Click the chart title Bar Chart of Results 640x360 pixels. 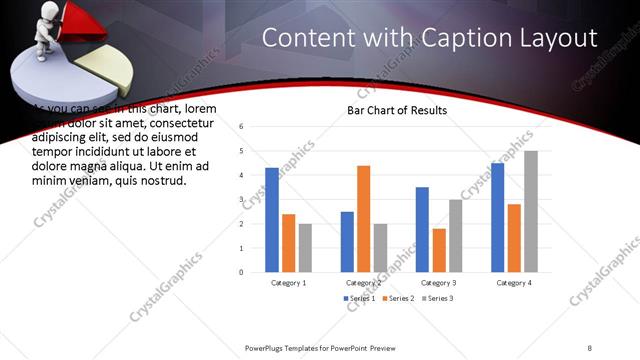click(396, 110)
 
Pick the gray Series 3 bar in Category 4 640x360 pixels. click(531, 211)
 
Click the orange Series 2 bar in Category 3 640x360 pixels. click(439, 250)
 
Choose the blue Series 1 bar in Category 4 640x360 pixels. click(498, 217)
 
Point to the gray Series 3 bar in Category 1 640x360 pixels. click(305, 247)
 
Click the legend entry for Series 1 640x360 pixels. click(361, 299)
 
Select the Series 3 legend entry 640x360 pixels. click(436, 299)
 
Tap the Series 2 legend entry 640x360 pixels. click(398, 299)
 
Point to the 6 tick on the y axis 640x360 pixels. click(242, 127)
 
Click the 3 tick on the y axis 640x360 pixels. click(242, 199)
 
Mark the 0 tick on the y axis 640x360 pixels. click(242, 272)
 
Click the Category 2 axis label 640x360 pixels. click(364, 283)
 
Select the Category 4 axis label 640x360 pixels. click(514, 283)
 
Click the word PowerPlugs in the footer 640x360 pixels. click(269, 347)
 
